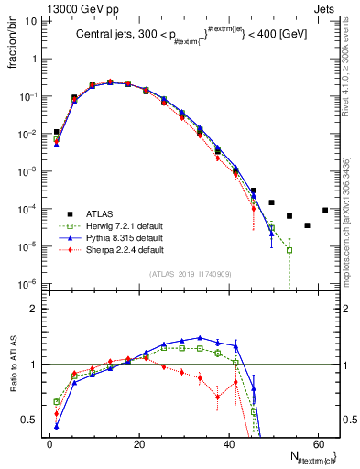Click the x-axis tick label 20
[138, 445]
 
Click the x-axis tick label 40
[228, 445]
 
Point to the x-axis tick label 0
[50, 445]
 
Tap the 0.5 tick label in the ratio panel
[33, 420]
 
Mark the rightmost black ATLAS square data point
[325, 210]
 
